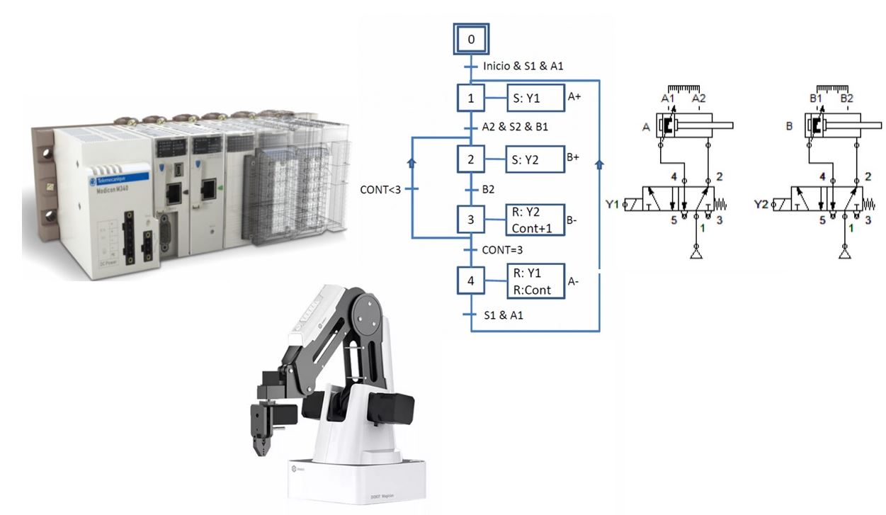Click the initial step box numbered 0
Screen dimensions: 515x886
(471, 40)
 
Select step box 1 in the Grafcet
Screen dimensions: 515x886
(471, 99)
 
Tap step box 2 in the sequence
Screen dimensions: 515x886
(471, 159)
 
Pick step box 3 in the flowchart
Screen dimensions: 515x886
(471, 220)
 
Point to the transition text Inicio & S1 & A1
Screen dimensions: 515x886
(522, 67)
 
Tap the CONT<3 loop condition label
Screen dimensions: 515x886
(380, 189)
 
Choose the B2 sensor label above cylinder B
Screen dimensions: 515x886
(847, 98)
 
